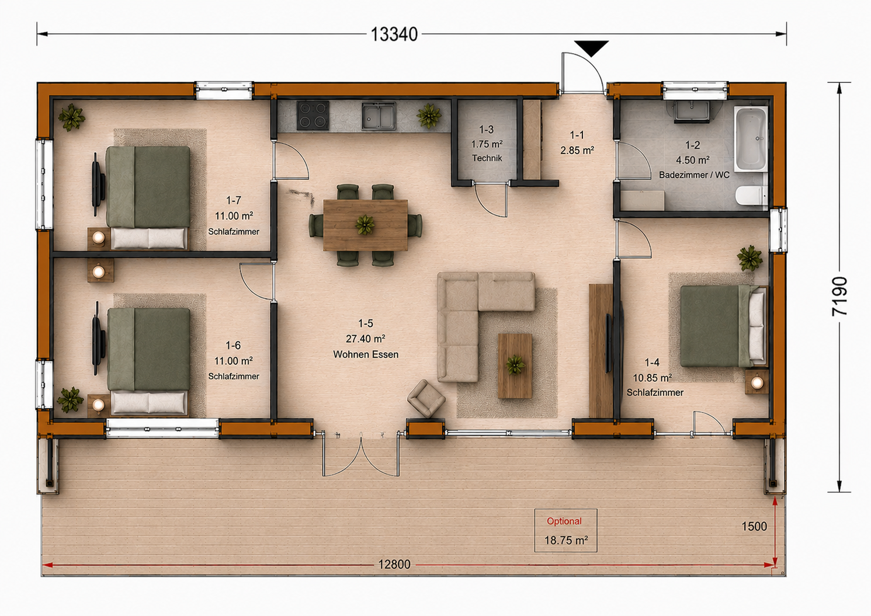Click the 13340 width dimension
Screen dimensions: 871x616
pos(394,34)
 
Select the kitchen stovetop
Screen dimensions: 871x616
pos(313,116)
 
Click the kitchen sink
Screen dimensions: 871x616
pos(379,116)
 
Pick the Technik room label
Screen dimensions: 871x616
pos(487,158)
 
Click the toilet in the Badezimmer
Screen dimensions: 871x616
pos(752,196)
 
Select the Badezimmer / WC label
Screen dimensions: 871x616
pos(694,175)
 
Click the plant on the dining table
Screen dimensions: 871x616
pos(365,225)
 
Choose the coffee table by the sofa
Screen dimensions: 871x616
pos(515,366)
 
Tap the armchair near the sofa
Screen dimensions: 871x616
pos(426,398)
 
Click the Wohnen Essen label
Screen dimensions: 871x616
pos(366,354)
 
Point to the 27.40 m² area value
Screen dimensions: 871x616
pos(366,339)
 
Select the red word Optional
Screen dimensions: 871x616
pos(564,521)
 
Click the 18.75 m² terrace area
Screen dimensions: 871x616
pos(565,540)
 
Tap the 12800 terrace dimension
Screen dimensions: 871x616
pos(394,564)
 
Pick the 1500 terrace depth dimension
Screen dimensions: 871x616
pos(754,527)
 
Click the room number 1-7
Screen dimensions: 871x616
pos(234,200)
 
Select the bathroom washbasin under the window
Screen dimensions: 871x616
pos(690,112)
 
